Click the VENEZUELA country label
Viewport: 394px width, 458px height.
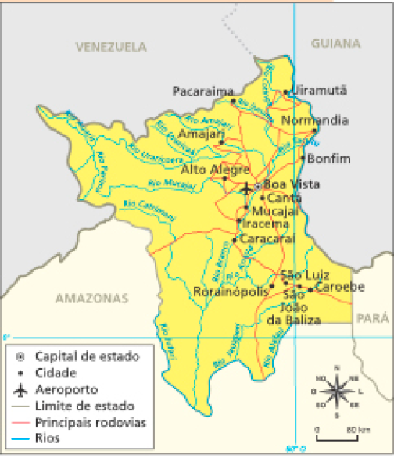[x=111, y=47]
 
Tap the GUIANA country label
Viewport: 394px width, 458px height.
[x=336, y=44]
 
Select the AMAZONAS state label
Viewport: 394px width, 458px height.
[x=91, y=299]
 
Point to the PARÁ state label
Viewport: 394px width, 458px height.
[x=371, y=318]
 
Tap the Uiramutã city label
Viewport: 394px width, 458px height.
[x=319, y=90]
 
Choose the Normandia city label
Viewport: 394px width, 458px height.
[x=314, y=121]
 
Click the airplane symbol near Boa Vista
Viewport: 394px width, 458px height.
[x=246, y=188]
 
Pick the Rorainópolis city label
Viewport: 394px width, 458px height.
[x=229, y=291]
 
